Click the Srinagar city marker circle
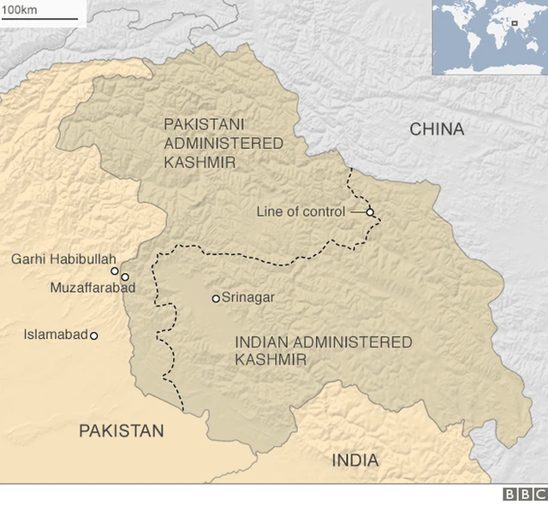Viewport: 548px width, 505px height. [216, 299]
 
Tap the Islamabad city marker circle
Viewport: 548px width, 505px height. [94, 336]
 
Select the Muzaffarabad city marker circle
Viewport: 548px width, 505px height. [125, 277]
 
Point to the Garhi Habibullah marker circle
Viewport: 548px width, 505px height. [115, 270]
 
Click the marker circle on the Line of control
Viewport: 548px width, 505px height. [370, 212]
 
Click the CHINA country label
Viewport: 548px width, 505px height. [437, 129]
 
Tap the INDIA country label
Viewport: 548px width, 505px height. [354, 460]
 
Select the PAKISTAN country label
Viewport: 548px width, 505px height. [121, 431]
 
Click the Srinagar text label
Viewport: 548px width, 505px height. [247, 298]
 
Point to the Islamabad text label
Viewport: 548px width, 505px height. [56, 335]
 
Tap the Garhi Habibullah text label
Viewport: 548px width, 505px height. [59, 258]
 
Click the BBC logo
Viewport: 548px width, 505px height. [524, 494]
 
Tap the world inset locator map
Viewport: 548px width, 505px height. [489, 38]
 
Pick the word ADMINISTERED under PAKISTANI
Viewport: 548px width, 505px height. [223, 143]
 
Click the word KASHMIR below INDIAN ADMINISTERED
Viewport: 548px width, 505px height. [271, 360]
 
